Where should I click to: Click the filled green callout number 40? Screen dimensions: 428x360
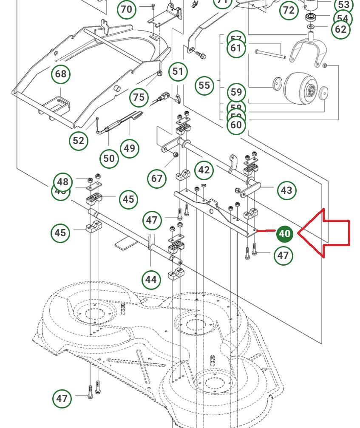pyautogui.click(x=284, y=234)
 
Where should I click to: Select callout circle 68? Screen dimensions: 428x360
pyautogui.click(x=61, y=74)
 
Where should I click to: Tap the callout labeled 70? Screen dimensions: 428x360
pyautogui.click(x=127, y=9)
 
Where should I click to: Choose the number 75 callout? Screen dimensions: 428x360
pyautogui.click(x=139, y=97)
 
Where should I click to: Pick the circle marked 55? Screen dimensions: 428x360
pyautogui.click(x=204, y=85)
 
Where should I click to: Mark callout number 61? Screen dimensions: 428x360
pyautogui.click(x=237, y=48)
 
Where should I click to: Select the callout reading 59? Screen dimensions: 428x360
pyautogui.click(x=237, y=92)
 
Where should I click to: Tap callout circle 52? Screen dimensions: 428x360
pyautogui.click(x=79, y=141)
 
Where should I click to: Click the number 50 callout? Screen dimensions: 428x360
pyautogui.click(x=109, y=159)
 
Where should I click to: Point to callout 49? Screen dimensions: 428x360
pyautogui.click(x=130, y=148)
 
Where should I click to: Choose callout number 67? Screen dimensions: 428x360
pyautogui.click(x=157, y=178)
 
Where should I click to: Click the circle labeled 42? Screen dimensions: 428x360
pyautogui.click(x=204, y=170)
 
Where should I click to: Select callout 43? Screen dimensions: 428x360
pyautogui.click(x=286, y=190)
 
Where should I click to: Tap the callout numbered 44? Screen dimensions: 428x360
pyautogui.click(x=151, y=280)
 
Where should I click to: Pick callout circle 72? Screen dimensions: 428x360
pyautogui.click(x=289, y=10)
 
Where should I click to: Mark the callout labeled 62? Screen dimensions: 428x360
pyautogui.click(x=340, y=29)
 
